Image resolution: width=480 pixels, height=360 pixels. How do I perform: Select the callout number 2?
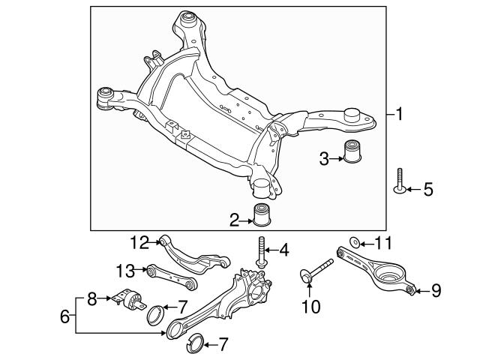tap(235, 220)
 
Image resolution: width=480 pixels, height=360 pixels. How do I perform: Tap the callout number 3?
tap(324, 158)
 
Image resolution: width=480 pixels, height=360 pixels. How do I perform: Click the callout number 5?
tap(427, 190)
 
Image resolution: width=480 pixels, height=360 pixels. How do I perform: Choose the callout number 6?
tap(65, 316)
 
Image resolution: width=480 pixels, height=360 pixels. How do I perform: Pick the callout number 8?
tap(91, 298)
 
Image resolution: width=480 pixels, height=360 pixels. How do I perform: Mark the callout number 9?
tap(436, 290)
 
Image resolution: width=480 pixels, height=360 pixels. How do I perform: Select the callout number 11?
tap(382, 243)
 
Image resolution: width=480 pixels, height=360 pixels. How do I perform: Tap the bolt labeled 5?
tap(398, 183)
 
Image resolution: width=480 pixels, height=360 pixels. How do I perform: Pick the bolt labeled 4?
tap(262, 251)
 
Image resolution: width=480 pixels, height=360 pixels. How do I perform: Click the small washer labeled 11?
tap(355, 242)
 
